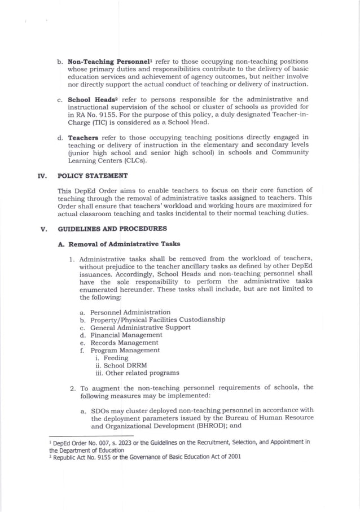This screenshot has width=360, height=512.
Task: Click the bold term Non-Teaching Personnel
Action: (103, 61)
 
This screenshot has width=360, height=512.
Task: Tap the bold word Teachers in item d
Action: (84, 137)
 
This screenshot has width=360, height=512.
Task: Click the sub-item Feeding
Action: (116, 358)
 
